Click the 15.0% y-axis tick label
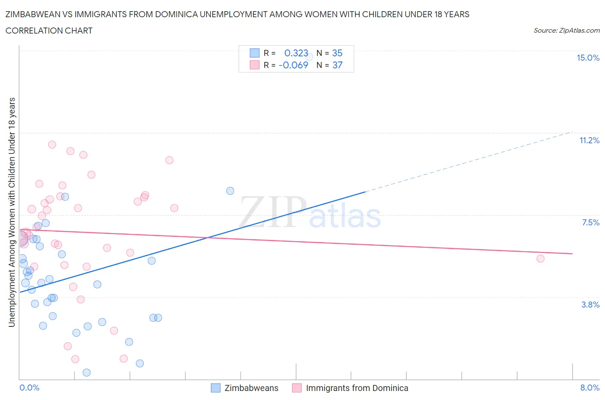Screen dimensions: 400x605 pyautogui.click(x=588, y=58)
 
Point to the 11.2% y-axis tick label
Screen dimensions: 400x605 pyautogui.click(x=589, y=140)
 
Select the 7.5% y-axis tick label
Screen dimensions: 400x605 pyautogui.click(x=590, y=222)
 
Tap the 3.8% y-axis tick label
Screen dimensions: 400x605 pyautogui.click(x=590, y=305)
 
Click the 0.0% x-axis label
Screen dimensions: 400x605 pyautogui.click(x=29, y=388)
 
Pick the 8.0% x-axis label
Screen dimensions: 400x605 pyautogui.click(x=590, y=388)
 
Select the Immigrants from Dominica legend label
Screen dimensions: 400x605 pyautogui.click(x=357, y=388)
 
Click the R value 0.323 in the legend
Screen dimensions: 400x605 pyautogui.click(x=296, y=53)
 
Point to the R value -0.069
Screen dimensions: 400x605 pyautogui.click(x=293, y=65)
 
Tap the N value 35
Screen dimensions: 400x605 pyautogui.click(x=337, y=53)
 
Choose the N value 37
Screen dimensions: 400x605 pyautogui.click(x=337, y=65)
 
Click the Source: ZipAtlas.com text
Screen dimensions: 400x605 pyautogui.click(x=566, y=30)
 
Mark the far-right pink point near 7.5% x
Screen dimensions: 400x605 pyautogui.click(x=540, y=258)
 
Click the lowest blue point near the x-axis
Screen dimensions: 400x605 pyautogui.click(x=86, y=372)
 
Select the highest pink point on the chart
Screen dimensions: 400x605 pyautogui.click(x=52, y=145)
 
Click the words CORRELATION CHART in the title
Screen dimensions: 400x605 pyautogui.click(x=49, y=31)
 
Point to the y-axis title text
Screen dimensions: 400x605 pyautogui.click(x=12, y=212)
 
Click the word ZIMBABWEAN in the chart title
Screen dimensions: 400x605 pyautogui.click(x=34, y=14)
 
